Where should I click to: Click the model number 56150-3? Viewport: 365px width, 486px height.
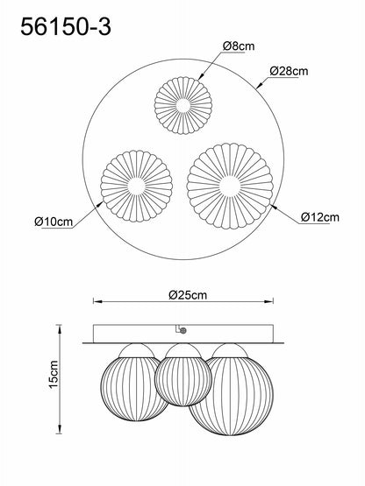point(66,26)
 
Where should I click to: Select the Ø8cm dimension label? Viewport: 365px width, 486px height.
point(239,46)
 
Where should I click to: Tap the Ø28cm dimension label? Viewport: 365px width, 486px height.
point(289,71)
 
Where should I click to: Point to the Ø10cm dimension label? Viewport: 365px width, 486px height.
point(54,222)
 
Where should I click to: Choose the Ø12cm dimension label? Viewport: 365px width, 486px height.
point(320,217)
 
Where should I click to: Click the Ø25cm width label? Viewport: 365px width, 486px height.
point(188,295)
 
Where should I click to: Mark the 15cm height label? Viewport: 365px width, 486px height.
point(54,375)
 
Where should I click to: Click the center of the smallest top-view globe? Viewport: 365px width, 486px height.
point(183,105)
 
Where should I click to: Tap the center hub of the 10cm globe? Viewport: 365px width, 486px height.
point(137,187)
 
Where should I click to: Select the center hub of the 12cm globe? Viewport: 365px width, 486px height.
point(230,187)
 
